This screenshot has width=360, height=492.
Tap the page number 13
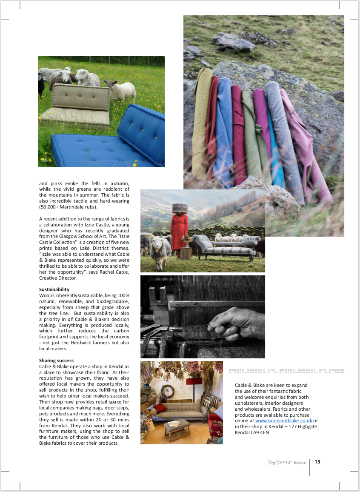(317, 462)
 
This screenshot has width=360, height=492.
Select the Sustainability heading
(54, 289)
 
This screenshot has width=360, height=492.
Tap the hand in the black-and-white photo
(234, 323)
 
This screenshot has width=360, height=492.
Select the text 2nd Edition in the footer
(297, 462)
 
